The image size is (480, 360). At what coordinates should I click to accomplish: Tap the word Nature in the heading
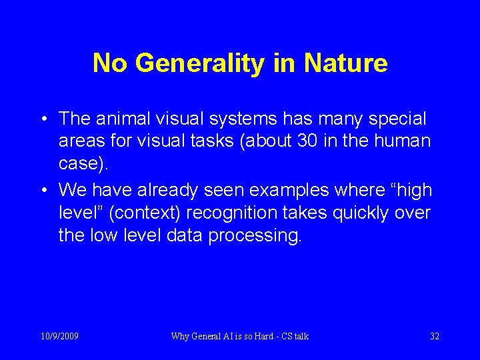pos(345,63)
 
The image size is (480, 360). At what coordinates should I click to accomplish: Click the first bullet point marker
pos(43,119)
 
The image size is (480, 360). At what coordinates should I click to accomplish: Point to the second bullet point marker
pos(43,191)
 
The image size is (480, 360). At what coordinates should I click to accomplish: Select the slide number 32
pos(434,336)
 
